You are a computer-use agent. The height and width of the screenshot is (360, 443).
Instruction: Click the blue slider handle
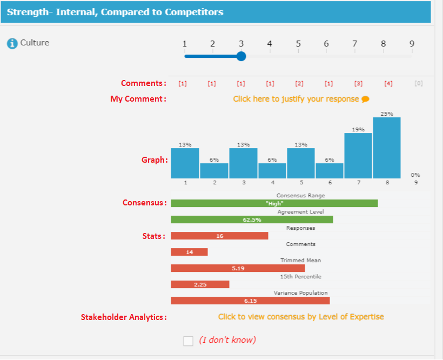(x=241, y=56)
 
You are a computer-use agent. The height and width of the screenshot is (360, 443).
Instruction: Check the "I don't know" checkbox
(x=188, y=341)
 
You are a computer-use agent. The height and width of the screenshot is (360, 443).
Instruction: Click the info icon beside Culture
(x=12, y=43)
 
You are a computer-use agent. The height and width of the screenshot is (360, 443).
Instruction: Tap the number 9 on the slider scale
(x=412, y=44)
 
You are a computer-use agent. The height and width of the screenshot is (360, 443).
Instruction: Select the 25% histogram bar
(x=387, y=148)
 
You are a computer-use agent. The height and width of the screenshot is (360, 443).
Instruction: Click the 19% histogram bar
(x=358, y=156)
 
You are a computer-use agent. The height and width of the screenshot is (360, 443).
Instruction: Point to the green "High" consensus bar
(x=274, y=203)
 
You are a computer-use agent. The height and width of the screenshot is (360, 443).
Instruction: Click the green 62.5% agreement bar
(x=252, y=219)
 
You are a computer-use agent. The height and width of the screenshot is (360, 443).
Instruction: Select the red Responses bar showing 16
(x=219, y=236)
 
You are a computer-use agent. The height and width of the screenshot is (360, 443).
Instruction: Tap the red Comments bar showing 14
(x=189, y=252)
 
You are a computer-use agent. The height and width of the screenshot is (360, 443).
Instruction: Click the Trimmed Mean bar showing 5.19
(x=238, y=268)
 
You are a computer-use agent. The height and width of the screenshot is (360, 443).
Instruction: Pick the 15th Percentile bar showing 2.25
(x=200, y=284)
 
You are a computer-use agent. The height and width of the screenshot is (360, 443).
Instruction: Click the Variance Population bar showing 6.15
(x=250, y=301)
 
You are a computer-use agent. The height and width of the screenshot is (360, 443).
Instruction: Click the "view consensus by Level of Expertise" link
(x=301, y=317)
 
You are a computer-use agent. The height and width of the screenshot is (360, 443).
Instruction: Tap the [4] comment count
(x=388, y=84)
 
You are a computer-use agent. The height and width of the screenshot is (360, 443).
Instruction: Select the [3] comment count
(x=358, y=84)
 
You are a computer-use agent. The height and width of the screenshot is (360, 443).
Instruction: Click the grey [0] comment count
(x=418, y=84)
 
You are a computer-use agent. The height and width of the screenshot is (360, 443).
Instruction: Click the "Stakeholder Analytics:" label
(x=124, y=317)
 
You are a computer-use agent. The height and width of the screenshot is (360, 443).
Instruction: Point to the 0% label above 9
(x=415, y=175)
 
